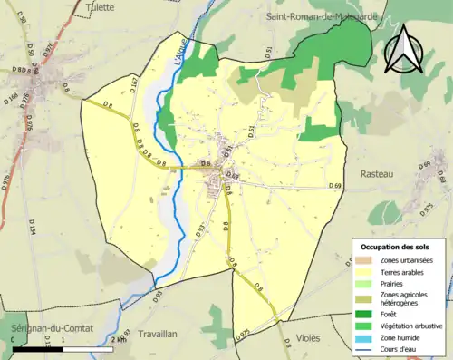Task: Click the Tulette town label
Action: click(99, 6)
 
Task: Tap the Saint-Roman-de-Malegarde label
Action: click(320, 16)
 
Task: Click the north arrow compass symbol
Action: click(401, 49)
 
